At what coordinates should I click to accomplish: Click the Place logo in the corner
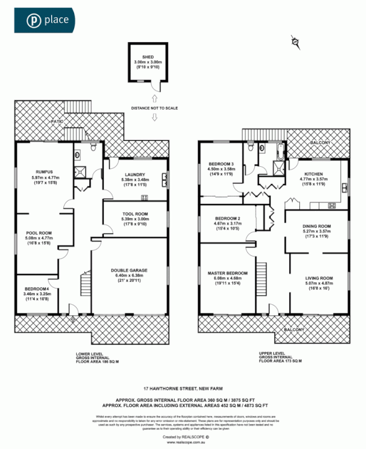tap(49, 21)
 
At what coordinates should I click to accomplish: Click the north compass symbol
tap(295, 41)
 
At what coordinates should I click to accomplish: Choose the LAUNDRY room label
tap(135, 175)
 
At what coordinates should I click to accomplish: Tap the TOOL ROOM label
tap(135, 213)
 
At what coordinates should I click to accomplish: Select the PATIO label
tap(57, 121)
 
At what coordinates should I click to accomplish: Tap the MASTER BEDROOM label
tap(227, 273)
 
